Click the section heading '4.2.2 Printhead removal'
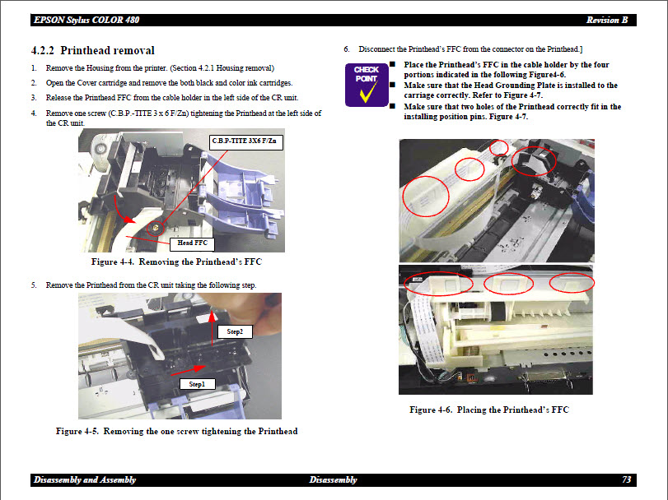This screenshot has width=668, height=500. tap(92, 51)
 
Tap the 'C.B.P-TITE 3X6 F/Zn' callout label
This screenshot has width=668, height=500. tap(246, 141)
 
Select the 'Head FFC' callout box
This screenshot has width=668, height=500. tap(191, 243)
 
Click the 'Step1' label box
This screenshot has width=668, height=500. tap(196, 383)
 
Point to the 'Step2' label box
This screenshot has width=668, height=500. tap(235, 331)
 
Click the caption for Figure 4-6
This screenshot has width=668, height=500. tap(488, 410)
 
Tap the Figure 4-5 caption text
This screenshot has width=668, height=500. tap(176, 431)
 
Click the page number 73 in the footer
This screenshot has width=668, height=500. tap(627, 479)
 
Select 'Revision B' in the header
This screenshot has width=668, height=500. tap(606, 20)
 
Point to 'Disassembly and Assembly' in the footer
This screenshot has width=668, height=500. tap(85, 479)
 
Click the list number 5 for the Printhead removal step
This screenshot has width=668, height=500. tap(34, 285)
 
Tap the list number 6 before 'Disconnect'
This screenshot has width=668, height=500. tap(347, 49)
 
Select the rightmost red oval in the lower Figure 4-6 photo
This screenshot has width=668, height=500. tap(571, 282)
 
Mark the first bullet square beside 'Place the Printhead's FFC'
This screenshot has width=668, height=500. tap(393, 64)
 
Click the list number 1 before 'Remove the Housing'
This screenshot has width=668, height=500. tap(34, 68)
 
